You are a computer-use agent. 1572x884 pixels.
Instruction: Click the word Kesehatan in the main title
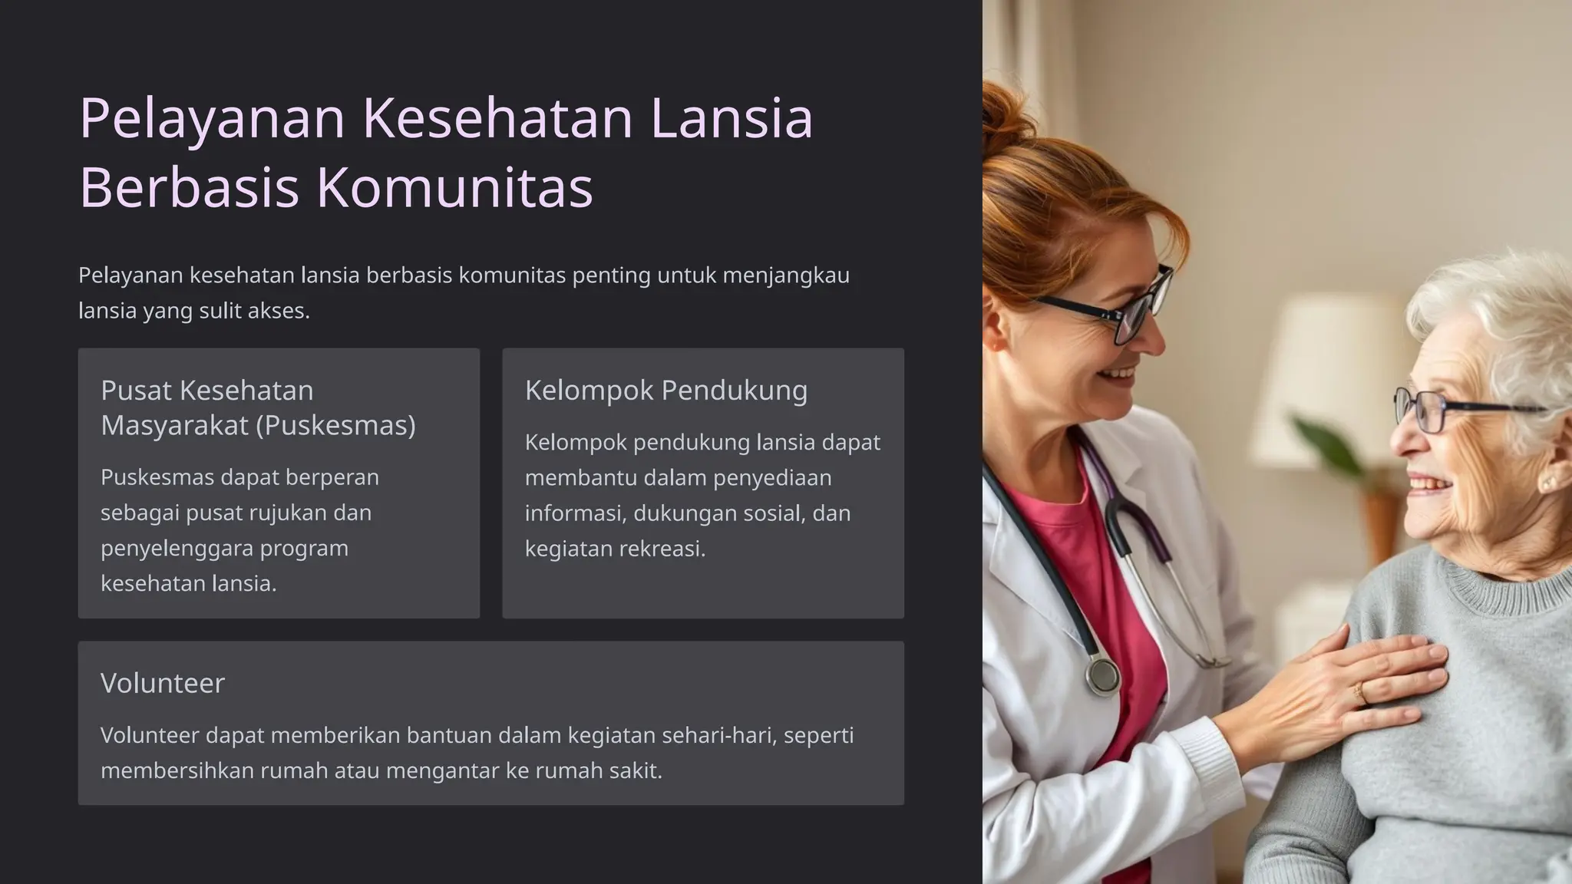pos(497,118)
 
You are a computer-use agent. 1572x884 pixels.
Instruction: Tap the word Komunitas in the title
pos(454,187)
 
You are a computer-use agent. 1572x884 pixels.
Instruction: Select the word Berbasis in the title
pos(189,187)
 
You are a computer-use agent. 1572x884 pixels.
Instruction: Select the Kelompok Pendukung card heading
pos(665,391)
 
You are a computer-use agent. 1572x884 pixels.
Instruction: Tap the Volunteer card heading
pos(163,683)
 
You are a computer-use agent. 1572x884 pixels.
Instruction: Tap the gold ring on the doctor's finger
pos(1360,694)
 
